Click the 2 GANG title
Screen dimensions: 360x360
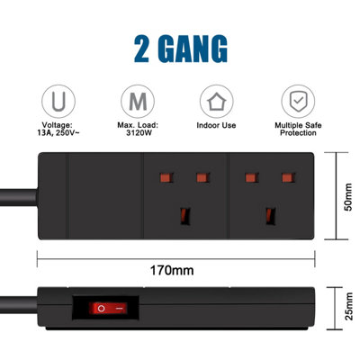(181, 49)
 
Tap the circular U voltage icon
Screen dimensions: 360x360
(58, 102)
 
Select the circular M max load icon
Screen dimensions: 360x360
(138, 102)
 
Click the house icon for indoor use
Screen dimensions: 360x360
(217, 102)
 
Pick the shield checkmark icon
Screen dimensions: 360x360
(298, 102)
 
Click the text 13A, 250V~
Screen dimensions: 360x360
(58, 133)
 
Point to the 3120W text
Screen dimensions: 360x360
(139, 133)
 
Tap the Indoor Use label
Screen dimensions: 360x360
(216, 125)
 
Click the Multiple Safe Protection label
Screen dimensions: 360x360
(298, 129)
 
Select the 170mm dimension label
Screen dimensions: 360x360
(172, 270)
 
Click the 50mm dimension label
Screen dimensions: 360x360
(348, 197)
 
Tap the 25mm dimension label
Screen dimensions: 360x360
(348, 307)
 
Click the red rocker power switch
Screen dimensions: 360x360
(108, 308)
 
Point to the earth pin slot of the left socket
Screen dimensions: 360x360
(185, 216)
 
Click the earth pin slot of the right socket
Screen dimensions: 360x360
(271, 216)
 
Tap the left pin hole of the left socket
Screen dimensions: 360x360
(166, 177)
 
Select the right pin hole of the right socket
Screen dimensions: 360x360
(288, 177)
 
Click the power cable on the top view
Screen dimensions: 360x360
(19, 197)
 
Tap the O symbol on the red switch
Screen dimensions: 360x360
(101, 308)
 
